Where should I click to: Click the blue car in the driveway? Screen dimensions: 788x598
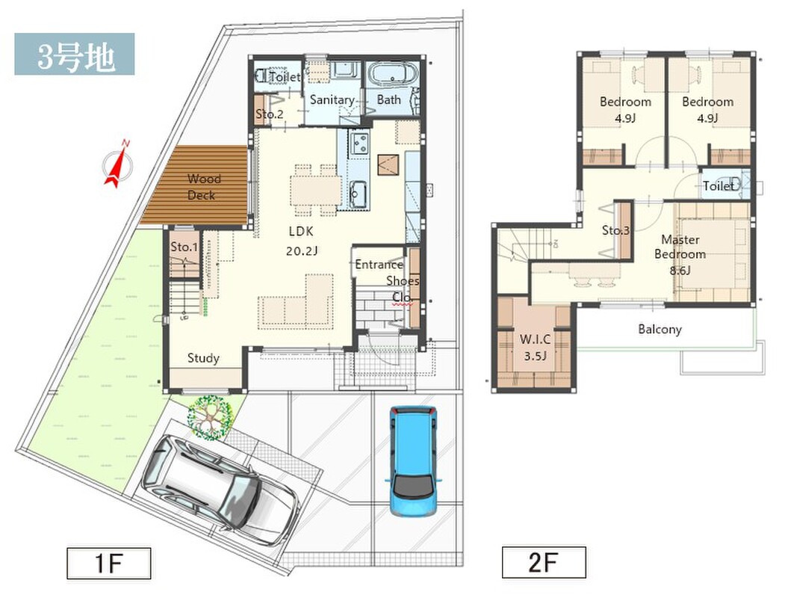click(414, 461)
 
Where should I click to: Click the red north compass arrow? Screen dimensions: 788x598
click(117, 164)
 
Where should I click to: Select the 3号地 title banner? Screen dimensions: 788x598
click(75, 54)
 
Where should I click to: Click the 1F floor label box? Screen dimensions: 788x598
click(109, 563)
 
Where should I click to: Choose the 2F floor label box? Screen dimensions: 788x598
click(544, 562)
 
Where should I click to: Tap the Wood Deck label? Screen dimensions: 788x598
click(203, 187)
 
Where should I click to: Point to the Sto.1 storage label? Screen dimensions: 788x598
click(184, 247)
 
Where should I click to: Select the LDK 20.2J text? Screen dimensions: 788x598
click(302, 241)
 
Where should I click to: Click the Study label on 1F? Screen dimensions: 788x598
click(203, 358)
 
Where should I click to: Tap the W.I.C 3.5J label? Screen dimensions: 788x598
click(535, 348)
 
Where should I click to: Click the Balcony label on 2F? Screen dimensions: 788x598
click(660, 330)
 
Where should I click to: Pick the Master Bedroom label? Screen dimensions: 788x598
click(680, 254)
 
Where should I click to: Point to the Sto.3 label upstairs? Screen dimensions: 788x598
click(615, 230)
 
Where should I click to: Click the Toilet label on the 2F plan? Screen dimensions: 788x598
click(719, 186)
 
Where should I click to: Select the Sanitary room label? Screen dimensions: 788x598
click(332, 100)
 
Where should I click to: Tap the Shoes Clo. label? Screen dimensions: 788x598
click(403, 289)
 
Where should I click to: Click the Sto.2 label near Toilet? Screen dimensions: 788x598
click(270, 114)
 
